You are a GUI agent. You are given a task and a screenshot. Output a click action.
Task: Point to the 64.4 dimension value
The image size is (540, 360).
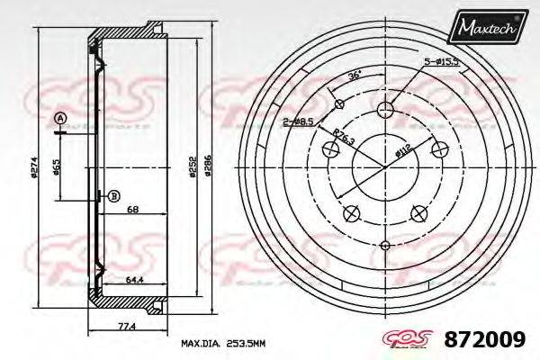pyautogui.click(x=135, y=280)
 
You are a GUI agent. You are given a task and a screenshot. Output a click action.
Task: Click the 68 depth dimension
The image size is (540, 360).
pyautogui.click(x=132, y=211)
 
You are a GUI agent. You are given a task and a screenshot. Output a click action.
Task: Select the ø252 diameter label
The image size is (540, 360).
pyautogui.click(x=192, y=166)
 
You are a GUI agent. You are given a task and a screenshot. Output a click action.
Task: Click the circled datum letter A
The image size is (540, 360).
pyautogui.click(x=60, y=119)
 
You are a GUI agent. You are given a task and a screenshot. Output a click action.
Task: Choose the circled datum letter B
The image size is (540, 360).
pyautogui.click(x=113, y=196)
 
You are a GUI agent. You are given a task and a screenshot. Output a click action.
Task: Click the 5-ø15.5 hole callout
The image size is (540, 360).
pyautogui.click(x=444, y=60)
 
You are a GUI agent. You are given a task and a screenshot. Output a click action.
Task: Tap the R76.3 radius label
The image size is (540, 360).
pyautogui.click(x=343, y=139)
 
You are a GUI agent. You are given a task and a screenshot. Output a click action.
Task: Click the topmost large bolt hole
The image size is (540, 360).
pyautogui.click(x=386, y=110)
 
